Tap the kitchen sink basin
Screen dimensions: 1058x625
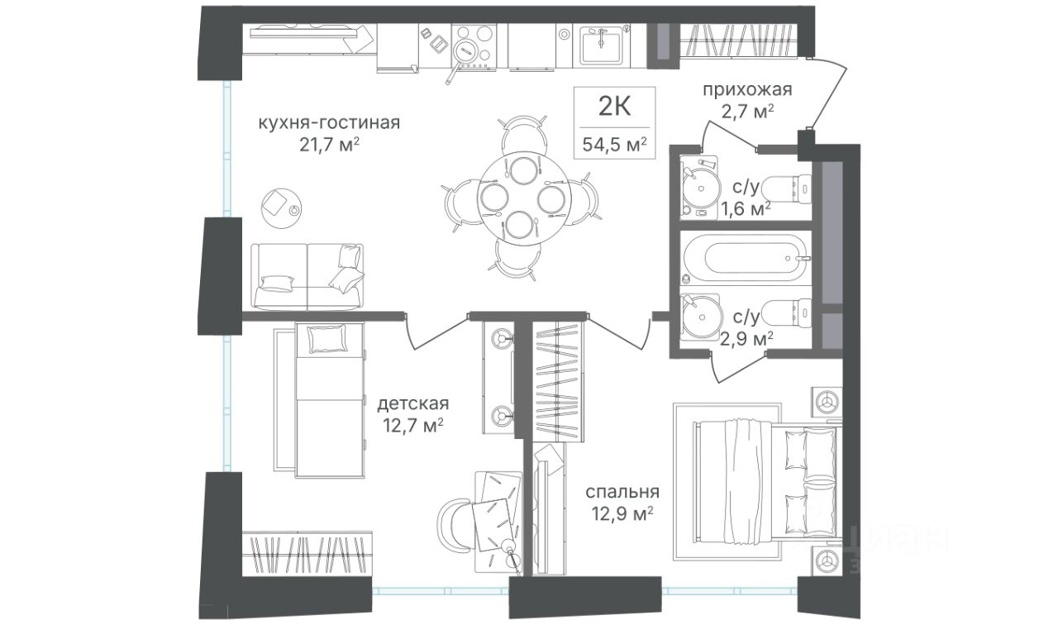601,45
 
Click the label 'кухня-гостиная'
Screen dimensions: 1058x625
329,123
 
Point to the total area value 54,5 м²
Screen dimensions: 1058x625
614,144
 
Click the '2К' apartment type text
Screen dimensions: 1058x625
614,107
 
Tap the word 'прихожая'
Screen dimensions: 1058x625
747,89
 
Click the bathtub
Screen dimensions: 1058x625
746,258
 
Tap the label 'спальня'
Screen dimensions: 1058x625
622,493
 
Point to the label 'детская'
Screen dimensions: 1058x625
412,404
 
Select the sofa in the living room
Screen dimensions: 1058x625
307,277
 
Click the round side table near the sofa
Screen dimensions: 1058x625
282,208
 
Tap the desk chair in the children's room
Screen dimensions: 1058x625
455,523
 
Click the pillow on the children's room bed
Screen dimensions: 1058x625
326,339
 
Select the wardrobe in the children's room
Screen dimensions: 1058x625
307,554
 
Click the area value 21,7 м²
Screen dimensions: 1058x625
329,145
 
